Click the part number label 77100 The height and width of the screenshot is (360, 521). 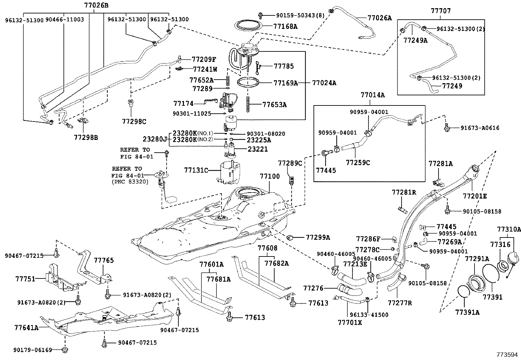click(x=270, y=177)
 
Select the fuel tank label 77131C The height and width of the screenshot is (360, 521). click(x=196, y=170)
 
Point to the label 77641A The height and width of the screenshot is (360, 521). click(x=26, y=327)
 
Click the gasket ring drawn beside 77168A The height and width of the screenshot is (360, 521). click(x=250, y=25)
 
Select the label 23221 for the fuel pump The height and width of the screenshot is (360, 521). click(x=258, y=149)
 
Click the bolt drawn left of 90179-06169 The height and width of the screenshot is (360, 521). click(x=64, y=351)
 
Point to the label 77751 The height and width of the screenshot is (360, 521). click(x=25, y=278)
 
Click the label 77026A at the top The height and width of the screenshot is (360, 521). click(x=379, y=18)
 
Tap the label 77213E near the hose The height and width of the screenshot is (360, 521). click(x=355, y=264)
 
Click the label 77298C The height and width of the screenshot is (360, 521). click(x=134, y=122)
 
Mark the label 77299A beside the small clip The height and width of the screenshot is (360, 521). click(x=318, y=237)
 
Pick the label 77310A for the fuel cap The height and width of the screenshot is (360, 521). click(x=509, y=229)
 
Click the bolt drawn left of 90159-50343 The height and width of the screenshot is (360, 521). click(x=261, y=15)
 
